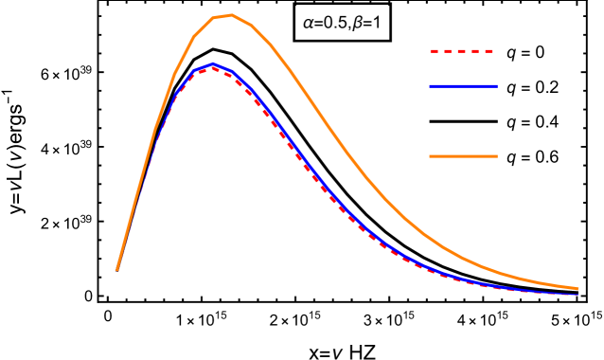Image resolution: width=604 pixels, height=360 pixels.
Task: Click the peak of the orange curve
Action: coord(231,15)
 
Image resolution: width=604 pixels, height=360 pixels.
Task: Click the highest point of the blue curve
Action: coord(213,64)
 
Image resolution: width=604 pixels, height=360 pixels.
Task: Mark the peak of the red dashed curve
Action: coord(213,68)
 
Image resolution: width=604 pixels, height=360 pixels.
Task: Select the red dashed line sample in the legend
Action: coord(462,51)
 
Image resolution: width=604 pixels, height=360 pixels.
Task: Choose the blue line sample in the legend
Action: coord(463,86)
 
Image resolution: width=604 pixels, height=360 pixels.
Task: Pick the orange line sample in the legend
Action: coord(463,156)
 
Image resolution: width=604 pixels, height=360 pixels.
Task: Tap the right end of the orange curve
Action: coord(577,288)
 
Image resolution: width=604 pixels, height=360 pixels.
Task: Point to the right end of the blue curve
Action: coord(577,294)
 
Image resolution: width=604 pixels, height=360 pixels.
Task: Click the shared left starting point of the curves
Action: coord(117,270)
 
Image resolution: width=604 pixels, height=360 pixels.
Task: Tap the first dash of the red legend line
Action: coord(435,51)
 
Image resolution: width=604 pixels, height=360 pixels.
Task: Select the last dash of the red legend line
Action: coord(489,51)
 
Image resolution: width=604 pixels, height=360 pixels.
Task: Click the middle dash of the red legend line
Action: coord(462,51)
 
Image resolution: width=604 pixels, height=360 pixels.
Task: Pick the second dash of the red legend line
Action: coord(449,51)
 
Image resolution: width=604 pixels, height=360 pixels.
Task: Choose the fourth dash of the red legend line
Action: coord(475,51)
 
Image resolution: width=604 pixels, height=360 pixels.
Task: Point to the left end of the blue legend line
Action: coord(431,86)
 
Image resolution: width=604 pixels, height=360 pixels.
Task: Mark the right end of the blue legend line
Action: coord(496,86)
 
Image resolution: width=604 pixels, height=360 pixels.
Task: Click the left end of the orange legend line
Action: coord(431,156)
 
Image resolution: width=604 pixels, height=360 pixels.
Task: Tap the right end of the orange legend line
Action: coord(496,156)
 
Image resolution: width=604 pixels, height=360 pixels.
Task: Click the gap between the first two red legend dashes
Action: coord(441,51)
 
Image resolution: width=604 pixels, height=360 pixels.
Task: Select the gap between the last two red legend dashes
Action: coord(482,51)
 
